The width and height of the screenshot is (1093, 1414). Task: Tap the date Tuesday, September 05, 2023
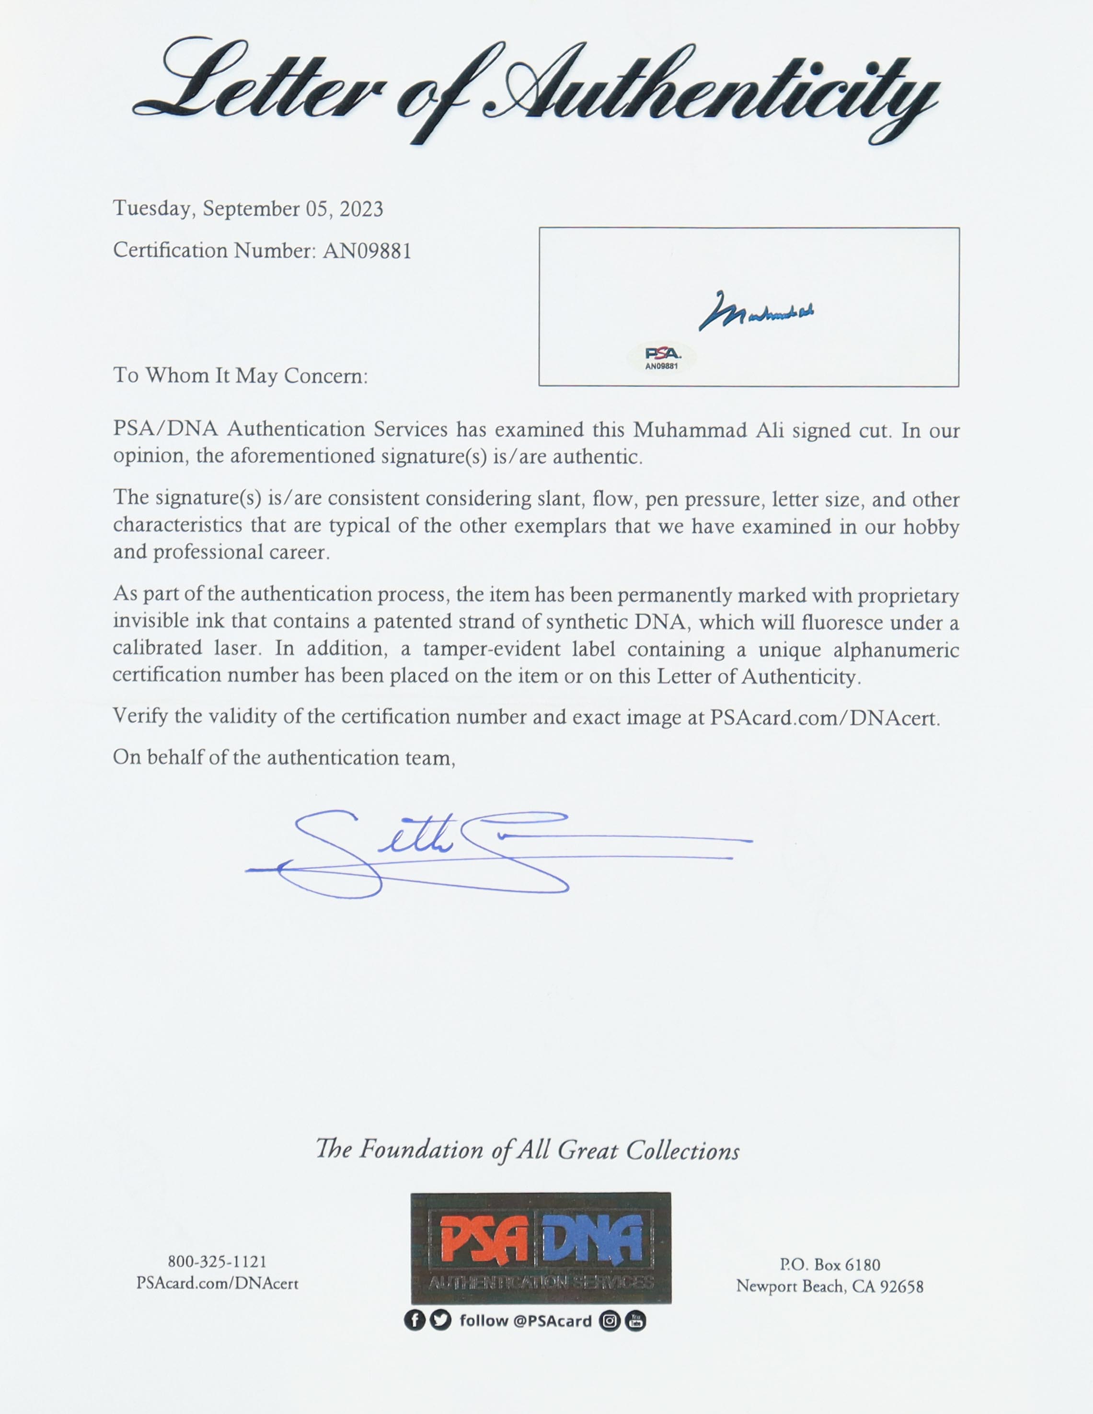point(248,209)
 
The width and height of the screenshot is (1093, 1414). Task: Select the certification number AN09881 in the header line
point(367,251)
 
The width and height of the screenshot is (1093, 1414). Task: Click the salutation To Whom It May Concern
point(240,376)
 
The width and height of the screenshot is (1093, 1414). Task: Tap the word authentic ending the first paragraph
point(602,458)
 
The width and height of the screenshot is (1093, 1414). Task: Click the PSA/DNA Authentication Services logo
point(541,1248)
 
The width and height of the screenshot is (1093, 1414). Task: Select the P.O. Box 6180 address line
point(829,1264)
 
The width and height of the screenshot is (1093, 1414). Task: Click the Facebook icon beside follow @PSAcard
point(414,1320)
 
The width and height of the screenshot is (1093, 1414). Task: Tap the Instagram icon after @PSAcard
point(609,1320)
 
